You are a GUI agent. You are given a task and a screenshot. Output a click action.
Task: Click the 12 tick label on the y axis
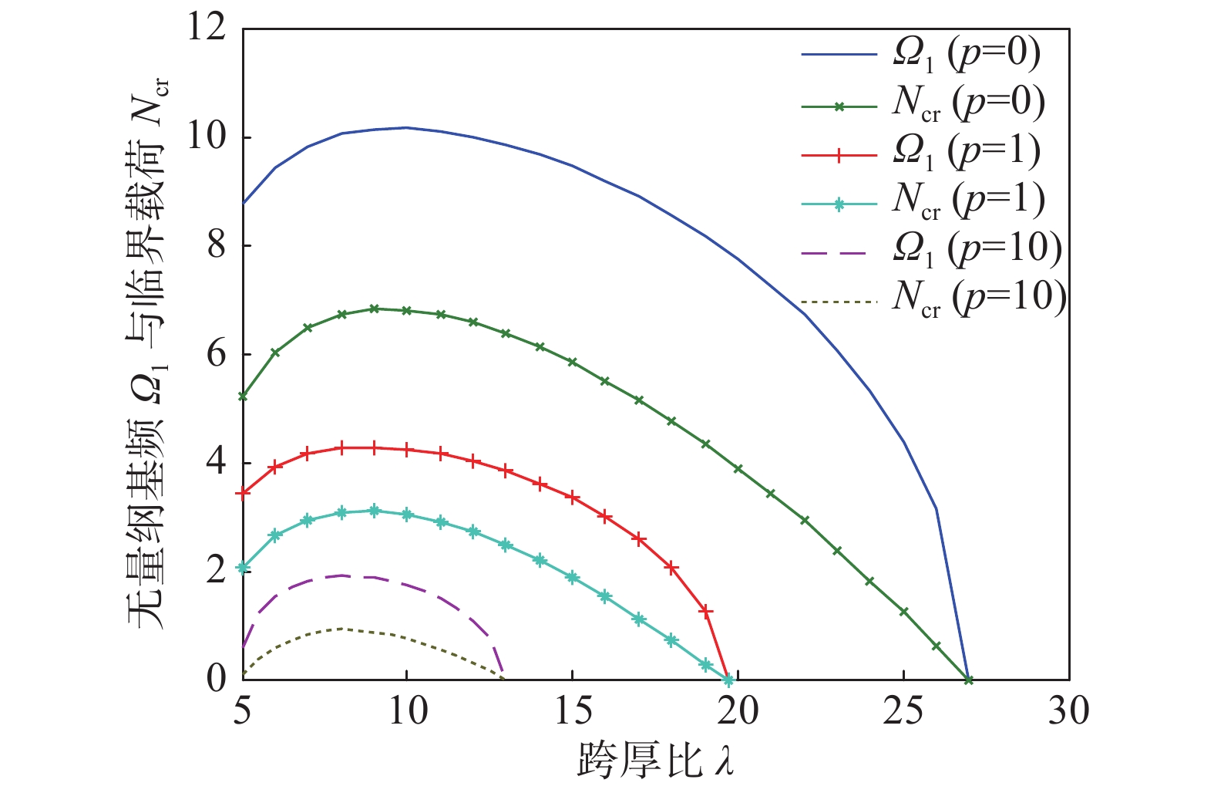click(207, 29)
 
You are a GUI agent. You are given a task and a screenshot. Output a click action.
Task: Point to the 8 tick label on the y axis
click(217, 246)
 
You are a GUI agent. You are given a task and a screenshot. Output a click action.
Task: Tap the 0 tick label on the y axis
click(217, 680)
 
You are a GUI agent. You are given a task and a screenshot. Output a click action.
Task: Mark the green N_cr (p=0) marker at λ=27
click(969, 680)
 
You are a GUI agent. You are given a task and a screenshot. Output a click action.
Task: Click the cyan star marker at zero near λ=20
click(728, 680)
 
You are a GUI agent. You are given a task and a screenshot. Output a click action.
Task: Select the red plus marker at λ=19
click(705, 611)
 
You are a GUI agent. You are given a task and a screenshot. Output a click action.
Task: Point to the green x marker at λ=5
click(243, 396)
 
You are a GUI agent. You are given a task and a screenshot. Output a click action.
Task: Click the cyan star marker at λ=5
click(243, 568)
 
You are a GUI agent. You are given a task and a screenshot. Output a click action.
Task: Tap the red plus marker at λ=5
click(243, 493)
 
